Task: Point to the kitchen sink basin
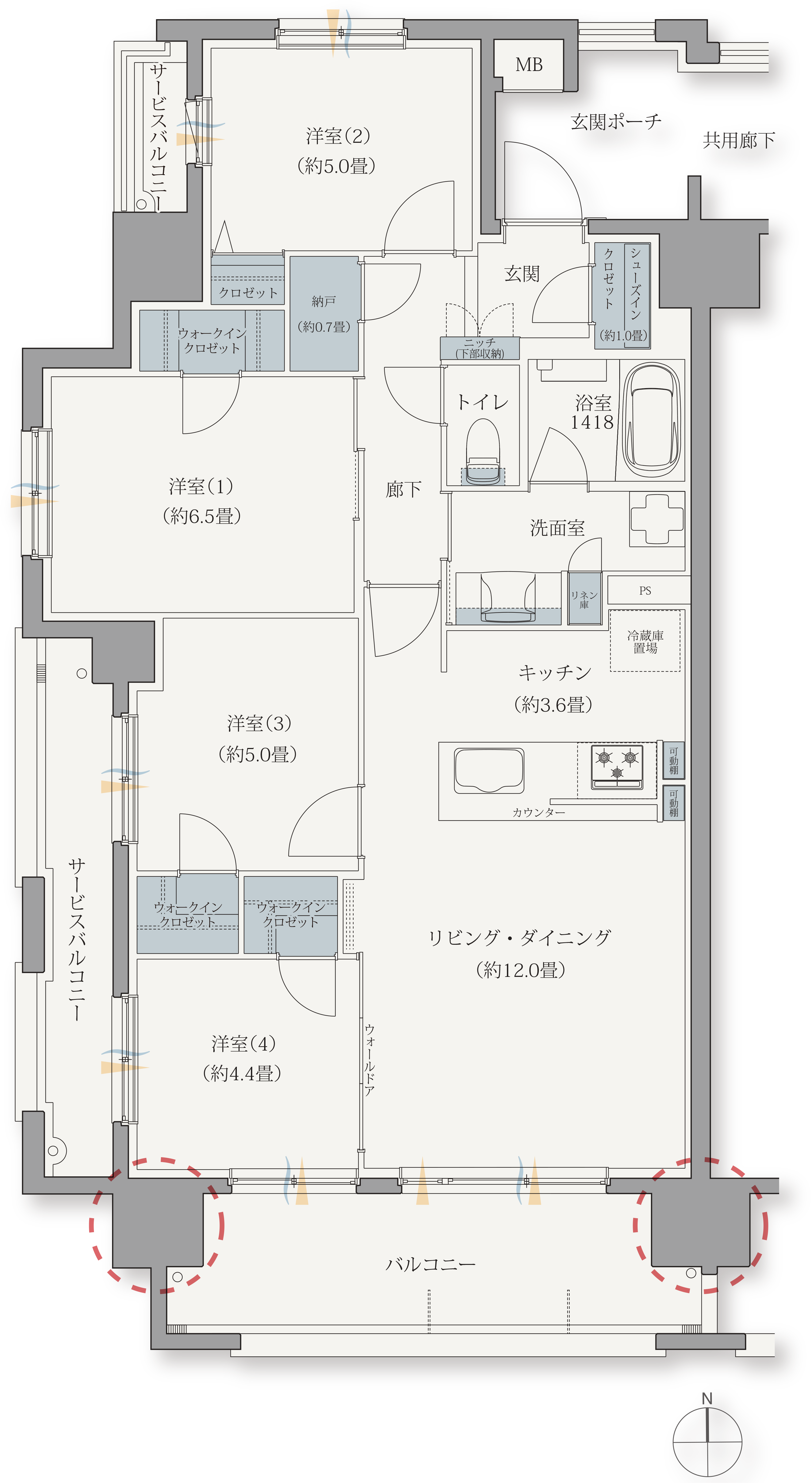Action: [x=489, y=770]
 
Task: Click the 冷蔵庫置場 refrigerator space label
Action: [x=645, y=641]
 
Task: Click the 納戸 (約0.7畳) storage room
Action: [x=324, y=314]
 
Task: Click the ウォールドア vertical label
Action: [x=369, y=1059]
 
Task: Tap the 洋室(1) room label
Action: [x=201, y=486]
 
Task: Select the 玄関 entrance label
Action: [x=522, y=274]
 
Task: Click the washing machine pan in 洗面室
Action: [x=657, y=518]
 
